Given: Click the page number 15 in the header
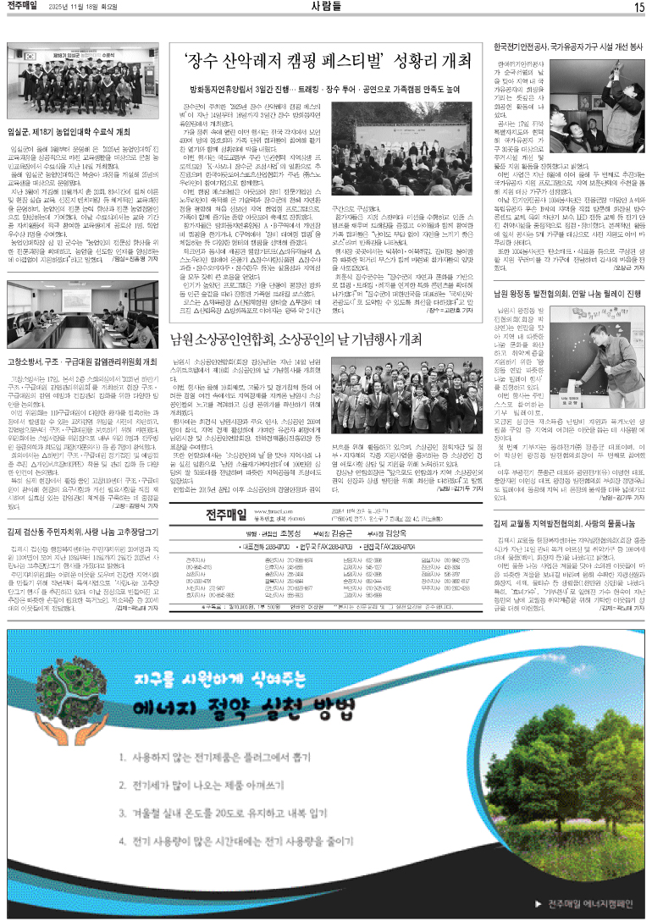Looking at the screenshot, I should (x=639, y=8).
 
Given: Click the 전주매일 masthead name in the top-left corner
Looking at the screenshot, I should (x=25, y=8).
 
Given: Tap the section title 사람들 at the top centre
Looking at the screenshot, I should (x=326, y=8).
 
